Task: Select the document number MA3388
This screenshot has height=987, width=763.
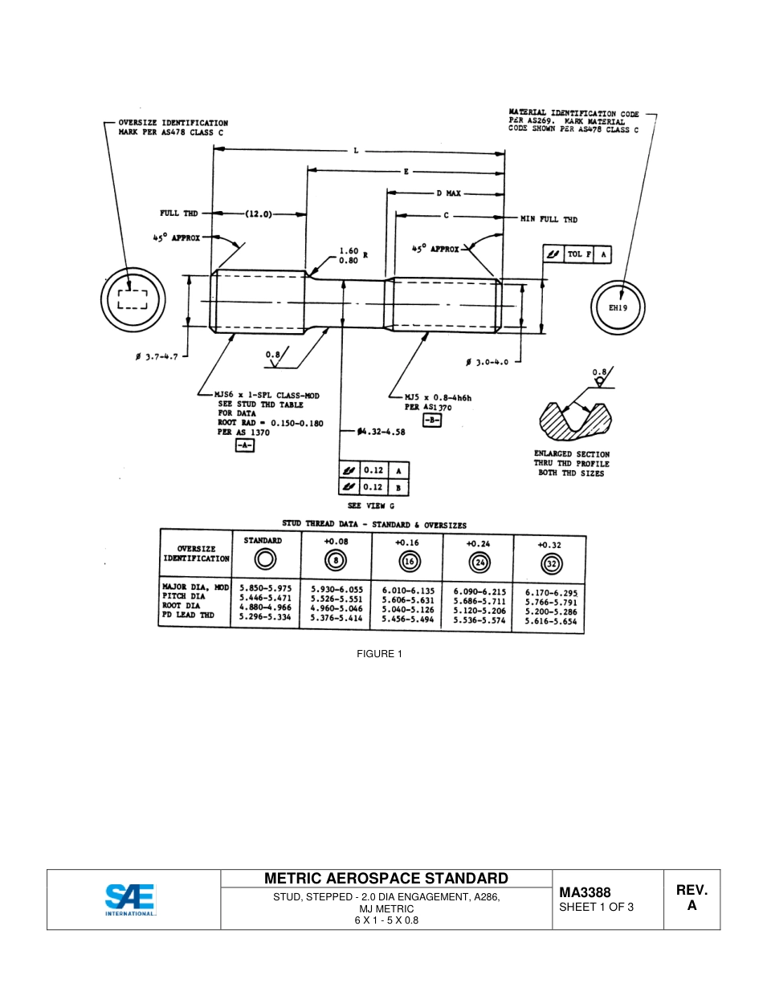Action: tap(585, 892)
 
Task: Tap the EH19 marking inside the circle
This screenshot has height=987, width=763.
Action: tap(617, 307)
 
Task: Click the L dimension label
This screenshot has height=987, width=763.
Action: tap(356, 150)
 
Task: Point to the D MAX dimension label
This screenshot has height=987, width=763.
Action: tap(450, 193)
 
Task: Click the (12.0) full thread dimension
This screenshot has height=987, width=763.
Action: tap(259, 214)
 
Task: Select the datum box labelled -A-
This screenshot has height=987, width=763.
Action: tap(244, 445)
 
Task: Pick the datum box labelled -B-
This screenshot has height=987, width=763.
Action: tap(432, 420)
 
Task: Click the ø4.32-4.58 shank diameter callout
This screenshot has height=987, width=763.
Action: tap(381, 432)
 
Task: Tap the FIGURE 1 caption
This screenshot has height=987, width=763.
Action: tap(379, 654)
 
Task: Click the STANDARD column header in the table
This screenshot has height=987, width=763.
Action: tap(263, 541)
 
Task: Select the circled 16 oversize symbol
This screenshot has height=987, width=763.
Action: tap(408, 562)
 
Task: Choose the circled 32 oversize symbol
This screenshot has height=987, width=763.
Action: tap(551, 563)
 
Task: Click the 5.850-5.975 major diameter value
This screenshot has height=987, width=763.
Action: tap(265, 587)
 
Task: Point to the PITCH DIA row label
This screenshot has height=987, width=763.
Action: tap(184, 596)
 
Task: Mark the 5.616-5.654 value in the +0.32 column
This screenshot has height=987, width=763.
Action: tap(550, 622)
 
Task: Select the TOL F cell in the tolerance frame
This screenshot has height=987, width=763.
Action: tap(579, 254)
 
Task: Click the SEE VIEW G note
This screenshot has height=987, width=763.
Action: tap(370, 506)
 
